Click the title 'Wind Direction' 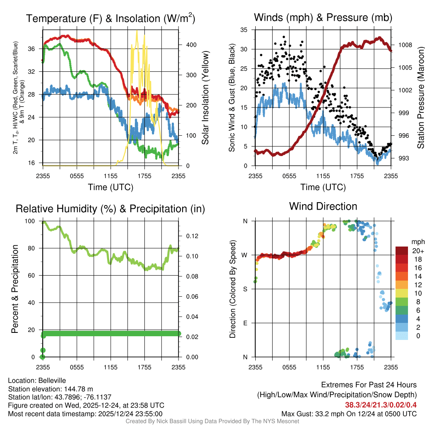[323, 206]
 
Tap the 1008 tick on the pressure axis [405, 45]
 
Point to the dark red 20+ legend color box [402, 251]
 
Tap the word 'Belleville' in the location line [51, 381]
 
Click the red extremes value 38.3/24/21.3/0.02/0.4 [381, 405]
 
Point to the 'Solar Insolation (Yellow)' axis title [205, 98]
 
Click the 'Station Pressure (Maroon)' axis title [420, 98]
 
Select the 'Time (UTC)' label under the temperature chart [111, 188]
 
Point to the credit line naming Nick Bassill [212, 421]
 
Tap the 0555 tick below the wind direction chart [289, 367]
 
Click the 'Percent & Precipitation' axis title [15, 289]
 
